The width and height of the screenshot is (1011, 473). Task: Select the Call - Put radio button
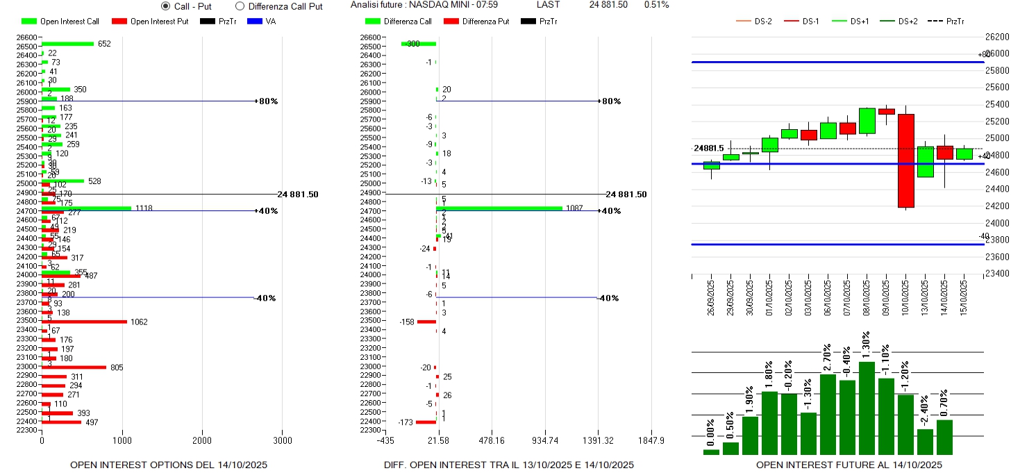(x=165, y=6)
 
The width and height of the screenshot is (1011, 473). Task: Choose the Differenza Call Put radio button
(x=240, y=6)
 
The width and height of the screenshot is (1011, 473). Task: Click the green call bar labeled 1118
(x=87, y=208)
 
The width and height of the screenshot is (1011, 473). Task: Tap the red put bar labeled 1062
(x=84, y=322)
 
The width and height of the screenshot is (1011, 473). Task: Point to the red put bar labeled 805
(x=74, y=367)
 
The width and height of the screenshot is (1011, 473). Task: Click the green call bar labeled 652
(x=68, y=44)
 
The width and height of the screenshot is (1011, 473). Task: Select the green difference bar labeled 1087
(x=499, y=208)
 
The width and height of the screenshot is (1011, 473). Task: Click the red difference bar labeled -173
(x=426, y=422)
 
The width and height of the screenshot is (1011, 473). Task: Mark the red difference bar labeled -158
(x=426, y=322)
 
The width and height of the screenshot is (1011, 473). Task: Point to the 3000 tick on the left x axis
(x=283, y=440)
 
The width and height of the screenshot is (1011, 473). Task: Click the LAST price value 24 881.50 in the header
(x=608, y=5)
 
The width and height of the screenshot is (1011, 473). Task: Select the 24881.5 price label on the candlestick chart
(x=708, y=148)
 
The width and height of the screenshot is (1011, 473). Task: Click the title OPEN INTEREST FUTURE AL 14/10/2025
(x=849, y=465)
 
